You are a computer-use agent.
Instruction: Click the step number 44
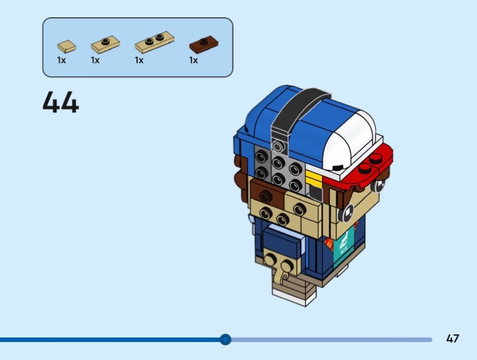coord(61,103)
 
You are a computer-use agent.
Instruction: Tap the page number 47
coord(453,339)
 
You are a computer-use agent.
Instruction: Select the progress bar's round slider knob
coord(225,339)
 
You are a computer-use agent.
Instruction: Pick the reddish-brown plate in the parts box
coord(203,45)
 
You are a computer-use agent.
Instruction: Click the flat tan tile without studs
coord(66,45)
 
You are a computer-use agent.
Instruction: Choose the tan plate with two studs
coord(154,42)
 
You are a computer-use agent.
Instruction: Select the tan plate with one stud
coord(105,44)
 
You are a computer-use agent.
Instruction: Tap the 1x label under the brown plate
coord(193,60)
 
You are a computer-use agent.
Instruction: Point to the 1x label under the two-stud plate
coord(139,60)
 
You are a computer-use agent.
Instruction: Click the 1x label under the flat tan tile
coord(61,60)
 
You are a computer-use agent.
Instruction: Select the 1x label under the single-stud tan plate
coord(95,60)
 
